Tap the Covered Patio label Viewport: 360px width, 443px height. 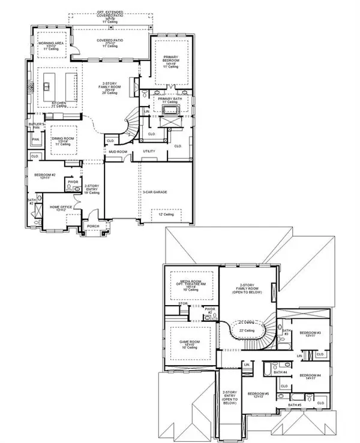[109, 42]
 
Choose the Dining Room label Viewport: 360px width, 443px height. [62, 139]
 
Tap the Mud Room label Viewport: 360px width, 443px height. [118, 152]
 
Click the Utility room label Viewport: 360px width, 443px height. [149, 151]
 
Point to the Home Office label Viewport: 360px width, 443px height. [61, 207]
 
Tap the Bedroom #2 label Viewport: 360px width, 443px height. [46, 175]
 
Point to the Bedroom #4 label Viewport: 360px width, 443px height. [310, 376]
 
